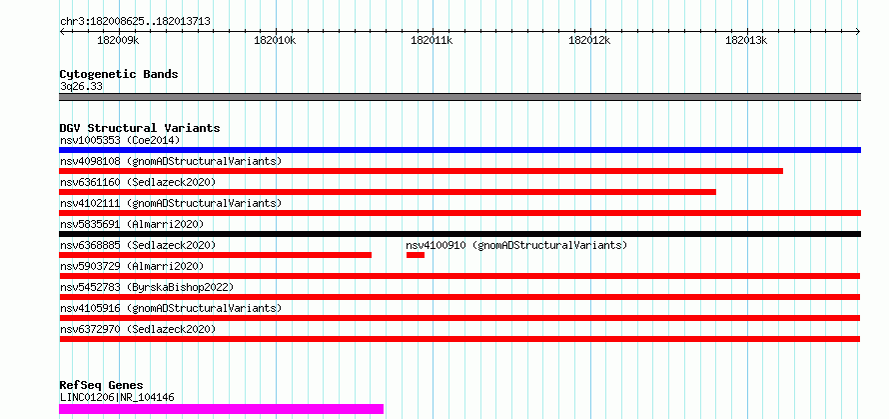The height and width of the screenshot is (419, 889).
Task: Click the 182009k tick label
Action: (118, 40)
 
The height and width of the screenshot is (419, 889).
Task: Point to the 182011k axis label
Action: (432, 40)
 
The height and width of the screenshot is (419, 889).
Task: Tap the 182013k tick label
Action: (746, 40)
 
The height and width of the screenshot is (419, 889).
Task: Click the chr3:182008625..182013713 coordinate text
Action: (135, 22)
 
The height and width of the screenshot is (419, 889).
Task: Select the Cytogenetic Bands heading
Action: (119, 74)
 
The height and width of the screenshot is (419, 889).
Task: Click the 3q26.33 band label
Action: (81, 87)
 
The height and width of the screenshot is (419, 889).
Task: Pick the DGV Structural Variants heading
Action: (140, 128)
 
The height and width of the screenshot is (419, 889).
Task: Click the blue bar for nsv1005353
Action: (459, 150)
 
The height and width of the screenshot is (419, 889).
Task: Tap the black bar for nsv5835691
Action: (459, 234)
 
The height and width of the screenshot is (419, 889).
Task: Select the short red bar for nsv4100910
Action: (415, 255)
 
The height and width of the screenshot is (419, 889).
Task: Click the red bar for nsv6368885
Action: (216, 255)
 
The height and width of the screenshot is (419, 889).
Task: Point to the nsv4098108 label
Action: (90, 161)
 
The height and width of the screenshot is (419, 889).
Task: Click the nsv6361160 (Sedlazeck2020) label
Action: (138, 182)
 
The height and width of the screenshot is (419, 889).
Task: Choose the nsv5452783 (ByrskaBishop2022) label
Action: (146, 287)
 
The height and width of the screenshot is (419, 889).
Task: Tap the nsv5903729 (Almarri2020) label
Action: (132, 266)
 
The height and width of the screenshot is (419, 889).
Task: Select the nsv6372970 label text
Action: (90, 329)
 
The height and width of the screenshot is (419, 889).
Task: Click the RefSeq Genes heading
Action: (102, 386)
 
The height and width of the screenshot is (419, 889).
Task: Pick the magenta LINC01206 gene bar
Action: (221, 409)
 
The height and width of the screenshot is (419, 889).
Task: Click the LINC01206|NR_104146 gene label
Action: (117, 397)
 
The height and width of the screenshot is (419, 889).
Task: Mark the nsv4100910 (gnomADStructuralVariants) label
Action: (516, 245)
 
